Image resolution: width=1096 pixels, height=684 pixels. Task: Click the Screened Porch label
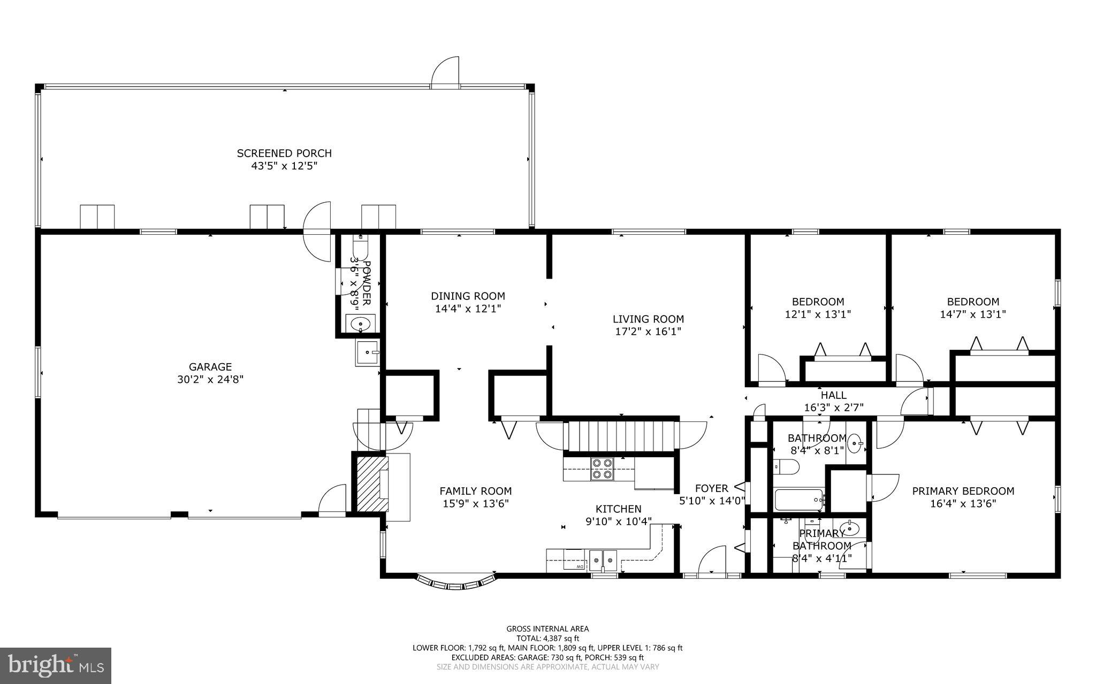tap(284, 153)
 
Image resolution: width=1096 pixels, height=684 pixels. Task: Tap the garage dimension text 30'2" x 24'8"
tap(210, 380)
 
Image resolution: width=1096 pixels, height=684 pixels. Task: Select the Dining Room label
tap(468, 296)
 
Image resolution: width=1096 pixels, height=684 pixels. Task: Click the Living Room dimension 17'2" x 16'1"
tap(648, 332)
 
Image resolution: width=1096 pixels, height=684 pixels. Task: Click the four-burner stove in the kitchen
tap(602, 468)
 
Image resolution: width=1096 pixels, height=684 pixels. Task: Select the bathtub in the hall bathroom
tap(798, 500)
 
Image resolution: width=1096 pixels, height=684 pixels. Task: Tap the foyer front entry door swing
tap(712, 560)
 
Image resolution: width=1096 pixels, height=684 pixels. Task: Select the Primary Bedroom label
tap(963, 491)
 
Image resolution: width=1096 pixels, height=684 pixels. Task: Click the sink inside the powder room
tap(361, 324)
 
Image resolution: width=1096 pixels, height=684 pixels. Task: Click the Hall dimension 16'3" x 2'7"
tap(833, 408)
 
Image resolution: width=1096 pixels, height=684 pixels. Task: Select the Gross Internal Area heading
tap(547, 629)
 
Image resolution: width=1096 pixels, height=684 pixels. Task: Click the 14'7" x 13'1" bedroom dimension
tap(972, 314)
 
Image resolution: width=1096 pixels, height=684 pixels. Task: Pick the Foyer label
tap(711, 488)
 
